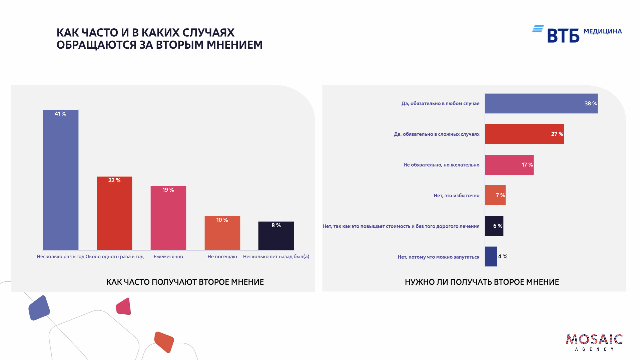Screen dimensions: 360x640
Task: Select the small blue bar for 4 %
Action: (x=491, y=256)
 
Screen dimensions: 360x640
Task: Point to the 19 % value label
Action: (x=168, y=190)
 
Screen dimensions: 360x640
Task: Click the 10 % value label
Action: (x=222, y=220)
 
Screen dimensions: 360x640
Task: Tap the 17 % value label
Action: (x=527, y=165)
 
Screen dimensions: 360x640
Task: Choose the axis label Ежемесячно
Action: (x=168, y=257)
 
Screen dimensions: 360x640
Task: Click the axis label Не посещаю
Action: (x=222, y=257)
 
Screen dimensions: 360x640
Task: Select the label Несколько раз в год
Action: (x=60, y=257)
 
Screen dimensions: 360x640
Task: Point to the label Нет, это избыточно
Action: (x=456, y=196)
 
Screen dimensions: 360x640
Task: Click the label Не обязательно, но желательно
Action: (x=441, y=165)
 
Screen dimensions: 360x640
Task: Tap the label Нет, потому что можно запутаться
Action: (x=438, y=257)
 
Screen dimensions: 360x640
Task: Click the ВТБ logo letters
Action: (x=563, y=36)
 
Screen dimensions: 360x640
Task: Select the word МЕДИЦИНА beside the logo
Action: (x=602, y=31)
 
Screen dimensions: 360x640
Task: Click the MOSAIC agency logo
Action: (x=594, y=342)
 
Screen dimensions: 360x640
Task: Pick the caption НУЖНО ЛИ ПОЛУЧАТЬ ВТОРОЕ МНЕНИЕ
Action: (x=482, y=282)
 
